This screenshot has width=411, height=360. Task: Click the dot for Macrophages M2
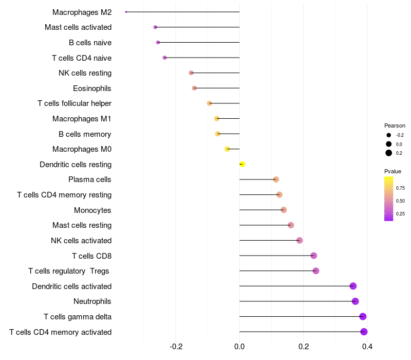126,12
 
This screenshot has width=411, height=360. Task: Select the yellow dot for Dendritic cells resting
242,165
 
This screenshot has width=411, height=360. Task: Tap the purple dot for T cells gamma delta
363,317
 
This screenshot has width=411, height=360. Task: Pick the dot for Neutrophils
355,301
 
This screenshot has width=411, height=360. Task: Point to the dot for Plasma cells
276,179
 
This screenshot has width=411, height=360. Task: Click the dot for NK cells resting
191,73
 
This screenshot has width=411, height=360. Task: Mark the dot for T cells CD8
314,256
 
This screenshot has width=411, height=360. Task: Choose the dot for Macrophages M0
227,149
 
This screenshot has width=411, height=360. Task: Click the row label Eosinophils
92,88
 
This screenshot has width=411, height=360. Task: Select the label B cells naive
90,43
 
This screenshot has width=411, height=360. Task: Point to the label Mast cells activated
78,27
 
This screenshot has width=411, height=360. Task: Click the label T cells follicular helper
74,104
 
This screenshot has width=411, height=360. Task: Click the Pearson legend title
395,125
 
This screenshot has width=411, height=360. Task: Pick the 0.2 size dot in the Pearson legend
389,153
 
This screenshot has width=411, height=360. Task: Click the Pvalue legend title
393,171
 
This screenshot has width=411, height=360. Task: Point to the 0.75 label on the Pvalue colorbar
400,188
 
